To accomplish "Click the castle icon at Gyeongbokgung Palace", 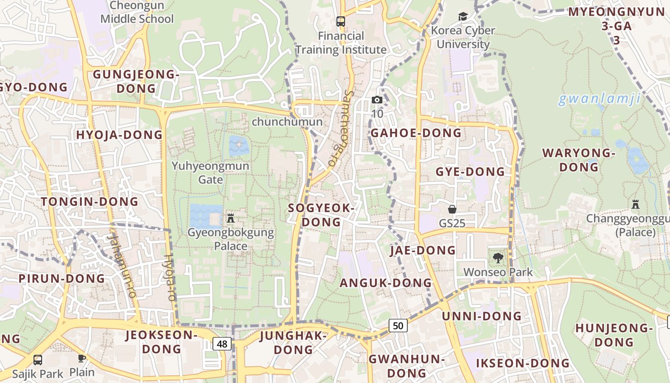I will [231, 218].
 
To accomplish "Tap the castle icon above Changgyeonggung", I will [635, 204].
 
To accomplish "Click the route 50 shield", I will [398, 326].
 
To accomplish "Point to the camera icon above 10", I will [377, 100].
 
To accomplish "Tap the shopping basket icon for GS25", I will [452, 209].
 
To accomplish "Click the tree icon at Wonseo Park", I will [498, 258].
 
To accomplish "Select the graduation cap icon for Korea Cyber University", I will [463, 17].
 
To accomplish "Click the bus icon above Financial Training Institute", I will [341, 22].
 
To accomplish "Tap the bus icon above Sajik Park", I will [38, 360].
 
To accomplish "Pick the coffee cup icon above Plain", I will [82, 358].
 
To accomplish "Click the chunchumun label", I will [287, 122].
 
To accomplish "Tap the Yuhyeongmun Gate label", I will [211, 172].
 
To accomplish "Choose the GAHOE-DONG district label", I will [416, 133].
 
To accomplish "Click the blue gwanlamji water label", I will [600, 100].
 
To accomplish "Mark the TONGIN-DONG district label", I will [89, 202].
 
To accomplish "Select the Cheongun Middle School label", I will [137, 12].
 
